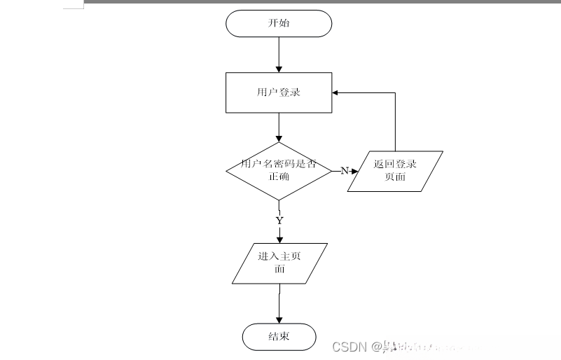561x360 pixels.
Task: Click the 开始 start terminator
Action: (x=278, y=23)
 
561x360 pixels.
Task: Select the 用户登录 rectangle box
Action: (x=278, y=92)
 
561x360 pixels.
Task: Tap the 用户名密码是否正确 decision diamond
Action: (x=279, y=170)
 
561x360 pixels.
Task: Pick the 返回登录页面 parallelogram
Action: (x=395, y=171)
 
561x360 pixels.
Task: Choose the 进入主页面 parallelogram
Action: (x=279, y=263)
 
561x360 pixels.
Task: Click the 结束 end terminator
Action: (x=279, y=337)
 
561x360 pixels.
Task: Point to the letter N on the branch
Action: (x=344, y=171)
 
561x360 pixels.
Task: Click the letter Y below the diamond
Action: (x=279, y=220)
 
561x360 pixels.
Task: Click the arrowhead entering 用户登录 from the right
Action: (x=336, y=92)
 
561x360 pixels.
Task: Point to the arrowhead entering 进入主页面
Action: (x=279, y=239)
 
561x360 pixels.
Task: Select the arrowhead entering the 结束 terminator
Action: (x=279, y=320)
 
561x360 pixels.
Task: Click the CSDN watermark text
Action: (x=350, y=346)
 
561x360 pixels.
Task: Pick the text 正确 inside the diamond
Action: (x=279, y=176)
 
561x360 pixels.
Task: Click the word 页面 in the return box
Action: (x=395, y=177)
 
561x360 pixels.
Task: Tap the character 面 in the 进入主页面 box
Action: (x=279, y=269)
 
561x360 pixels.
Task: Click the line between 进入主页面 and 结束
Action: (x=279, y=303)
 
